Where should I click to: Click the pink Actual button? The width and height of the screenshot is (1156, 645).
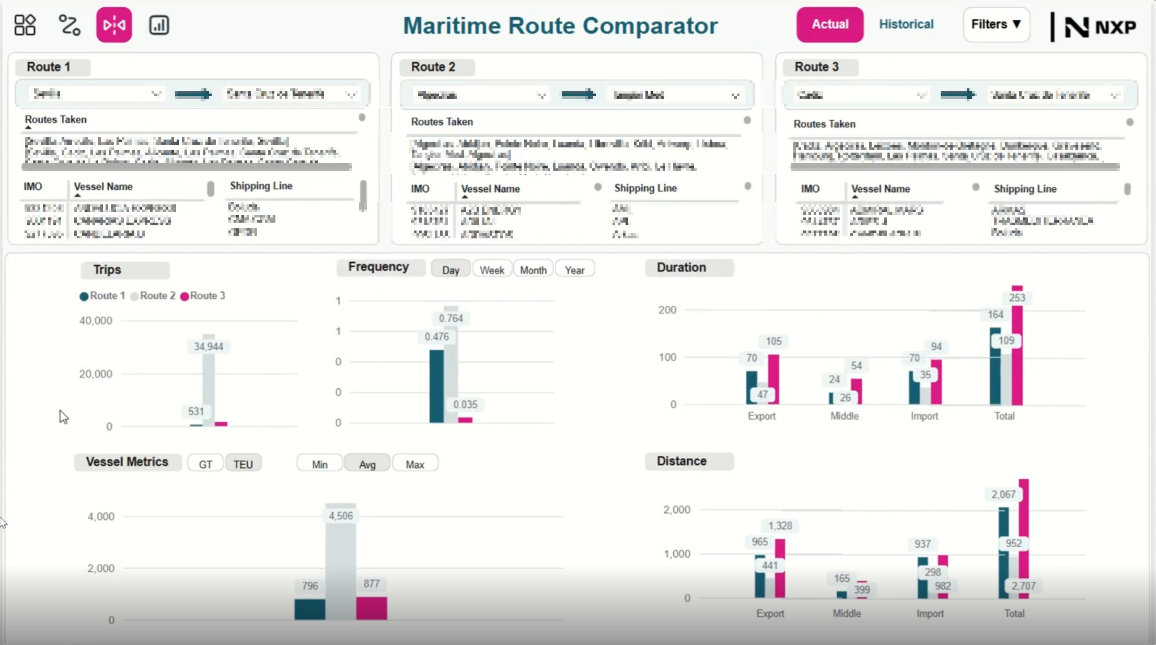(829, 25)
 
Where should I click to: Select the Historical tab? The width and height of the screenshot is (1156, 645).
(906, 25)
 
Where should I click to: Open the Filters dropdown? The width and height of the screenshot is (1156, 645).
(996, 25)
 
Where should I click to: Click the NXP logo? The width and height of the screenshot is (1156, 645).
(1100, 27)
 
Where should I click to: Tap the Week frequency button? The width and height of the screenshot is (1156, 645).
(492, 270)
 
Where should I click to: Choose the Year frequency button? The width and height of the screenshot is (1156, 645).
(574, 270)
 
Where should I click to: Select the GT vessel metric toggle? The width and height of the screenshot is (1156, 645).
(205, 464)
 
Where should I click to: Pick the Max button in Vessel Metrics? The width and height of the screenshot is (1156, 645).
(415, 464)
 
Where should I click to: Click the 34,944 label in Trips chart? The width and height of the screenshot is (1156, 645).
(209, 347)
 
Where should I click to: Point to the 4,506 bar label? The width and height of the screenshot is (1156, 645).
(341, 516)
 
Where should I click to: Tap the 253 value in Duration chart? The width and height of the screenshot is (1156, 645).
(1017, 298)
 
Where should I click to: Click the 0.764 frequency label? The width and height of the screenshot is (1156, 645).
(450, 318)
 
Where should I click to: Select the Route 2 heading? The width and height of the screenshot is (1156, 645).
(433, 67)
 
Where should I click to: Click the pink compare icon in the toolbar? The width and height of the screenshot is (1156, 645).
(114, 25)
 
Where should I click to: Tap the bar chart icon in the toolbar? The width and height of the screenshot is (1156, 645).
(159, 25)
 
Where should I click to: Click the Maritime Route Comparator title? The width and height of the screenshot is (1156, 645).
(560, 26)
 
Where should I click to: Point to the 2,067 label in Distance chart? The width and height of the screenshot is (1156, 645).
(1003, 494)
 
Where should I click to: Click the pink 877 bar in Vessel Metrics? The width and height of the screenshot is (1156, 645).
(372, 608)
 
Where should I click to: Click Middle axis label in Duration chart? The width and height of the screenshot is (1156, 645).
(844, 416)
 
